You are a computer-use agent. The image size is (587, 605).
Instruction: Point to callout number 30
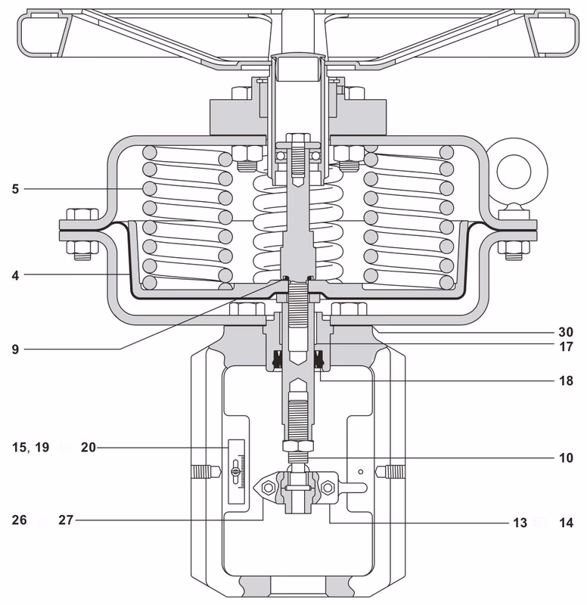[x=565, y=332]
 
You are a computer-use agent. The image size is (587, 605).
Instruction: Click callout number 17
[x=565, y=349]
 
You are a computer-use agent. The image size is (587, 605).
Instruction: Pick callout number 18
[x=565, y=382]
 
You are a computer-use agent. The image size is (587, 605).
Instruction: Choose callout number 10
[x=565, y=458]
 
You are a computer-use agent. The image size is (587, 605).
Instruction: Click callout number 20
[x=89, y=448]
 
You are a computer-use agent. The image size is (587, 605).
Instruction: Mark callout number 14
[x=565, y=522]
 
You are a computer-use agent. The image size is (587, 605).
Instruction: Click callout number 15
[x=19, y=448]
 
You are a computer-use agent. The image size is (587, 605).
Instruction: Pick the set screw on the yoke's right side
[x=393, y=471]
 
